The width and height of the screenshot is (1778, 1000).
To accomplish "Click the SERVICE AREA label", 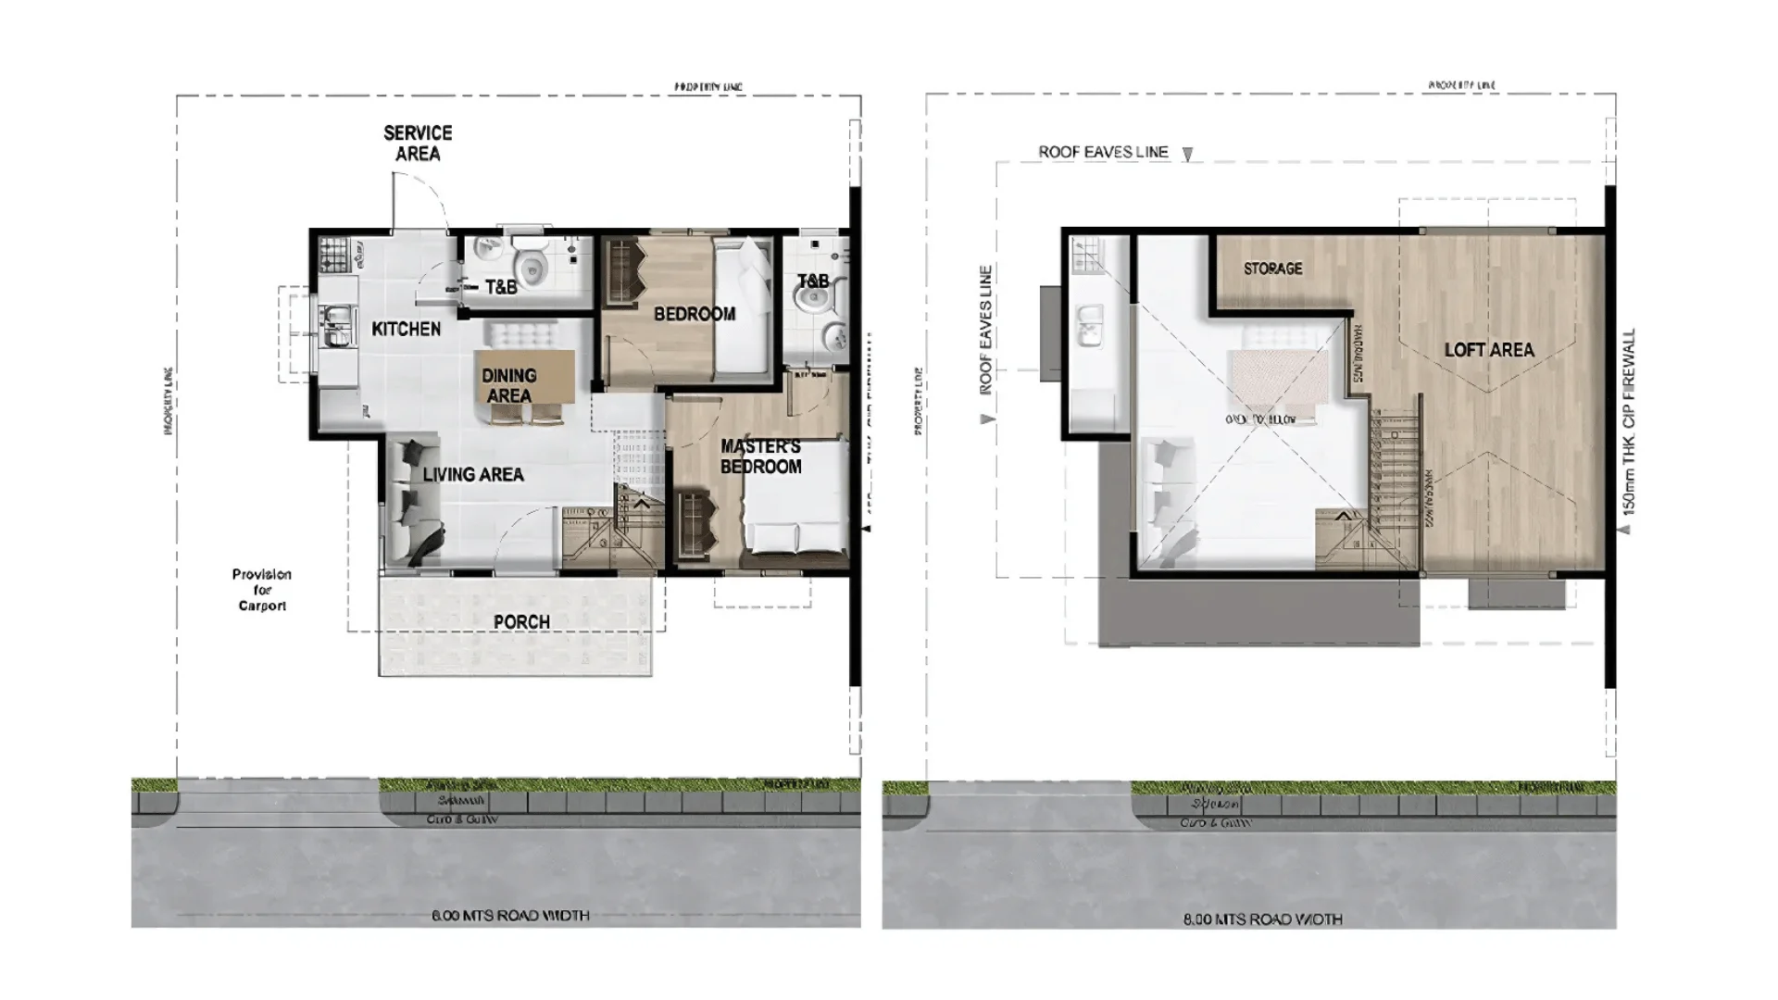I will click(418, 144).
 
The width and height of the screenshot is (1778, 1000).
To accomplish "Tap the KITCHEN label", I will click(406, 329).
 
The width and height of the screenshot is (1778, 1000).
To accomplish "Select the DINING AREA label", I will click(508, 385).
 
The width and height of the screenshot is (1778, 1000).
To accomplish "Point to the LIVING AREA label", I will click(473, 475).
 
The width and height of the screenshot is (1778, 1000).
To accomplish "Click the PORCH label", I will click(521, 622).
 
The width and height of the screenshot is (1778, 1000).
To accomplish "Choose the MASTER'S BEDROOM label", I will click(760, 456).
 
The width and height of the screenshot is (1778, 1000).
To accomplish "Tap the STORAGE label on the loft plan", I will click(1272, 269).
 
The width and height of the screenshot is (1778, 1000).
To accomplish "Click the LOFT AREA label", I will click(1489, 350).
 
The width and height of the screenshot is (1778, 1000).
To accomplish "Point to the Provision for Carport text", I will click(262, 590).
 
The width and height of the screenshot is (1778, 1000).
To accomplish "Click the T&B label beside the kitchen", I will click(501, 287).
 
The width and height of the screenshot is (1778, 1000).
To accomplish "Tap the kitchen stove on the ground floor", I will click(332, 254).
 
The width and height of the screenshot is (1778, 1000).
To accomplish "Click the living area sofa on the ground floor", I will click(408, 500).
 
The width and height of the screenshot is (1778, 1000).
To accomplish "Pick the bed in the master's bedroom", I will click(795, 500).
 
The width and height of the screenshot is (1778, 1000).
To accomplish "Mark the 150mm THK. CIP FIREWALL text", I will click(1629, 421).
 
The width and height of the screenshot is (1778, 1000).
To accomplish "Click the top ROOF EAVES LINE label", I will click(1103, 152).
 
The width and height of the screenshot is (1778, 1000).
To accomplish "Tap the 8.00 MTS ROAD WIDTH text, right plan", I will click(1262, 919).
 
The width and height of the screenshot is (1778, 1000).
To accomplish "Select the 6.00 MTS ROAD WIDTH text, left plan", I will click(510, 916).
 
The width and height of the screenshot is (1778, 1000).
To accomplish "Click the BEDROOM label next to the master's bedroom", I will click(695, 315).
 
